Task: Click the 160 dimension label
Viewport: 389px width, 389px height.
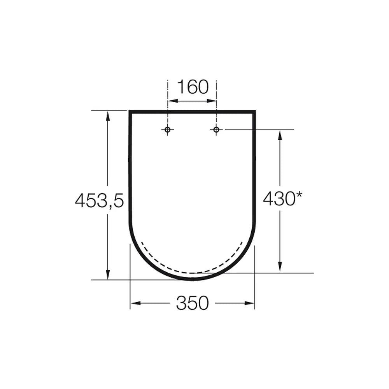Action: (193, 87)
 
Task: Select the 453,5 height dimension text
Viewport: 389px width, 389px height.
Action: (99, 200)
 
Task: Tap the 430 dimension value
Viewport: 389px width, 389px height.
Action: (279, 198)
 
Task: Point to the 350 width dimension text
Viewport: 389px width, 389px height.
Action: (193, 303)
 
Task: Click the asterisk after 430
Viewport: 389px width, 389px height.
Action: (299, 195)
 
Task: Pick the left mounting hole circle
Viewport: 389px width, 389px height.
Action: (167, 130)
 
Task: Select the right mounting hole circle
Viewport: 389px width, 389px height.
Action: (216, 130)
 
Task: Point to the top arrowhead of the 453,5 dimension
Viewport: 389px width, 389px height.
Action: (108, 116)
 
